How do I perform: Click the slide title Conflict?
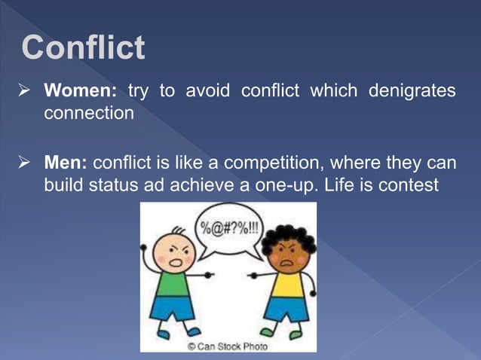pyautogui.click(x=83, y=47)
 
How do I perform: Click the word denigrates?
pyautogui.click(x=412, y=91)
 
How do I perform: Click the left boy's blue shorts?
pyautogui.click(x=173, y=310)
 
